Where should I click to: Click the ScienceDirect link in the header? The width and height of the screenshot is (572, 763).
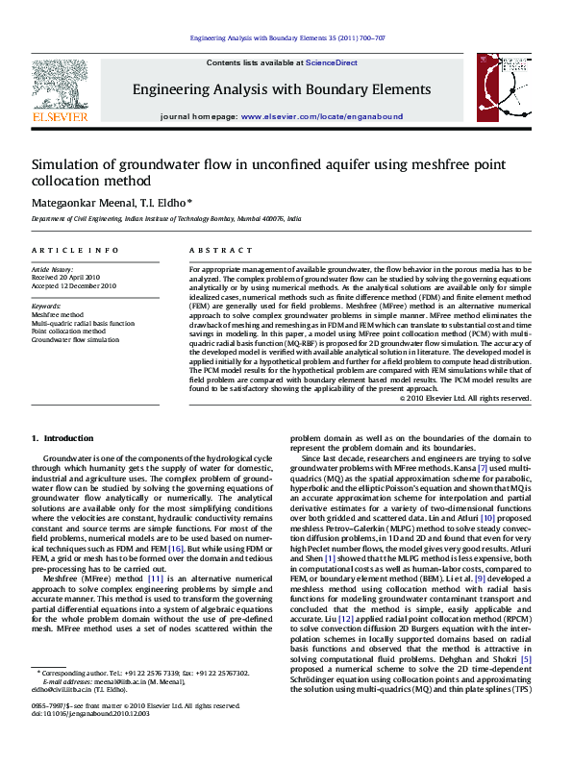332,62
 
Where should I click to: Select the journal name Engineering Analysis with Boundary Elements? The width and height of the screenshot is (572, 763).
282,89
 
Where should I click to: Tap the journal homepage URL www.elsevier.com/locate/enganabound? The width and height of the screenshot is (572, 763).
322,115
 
